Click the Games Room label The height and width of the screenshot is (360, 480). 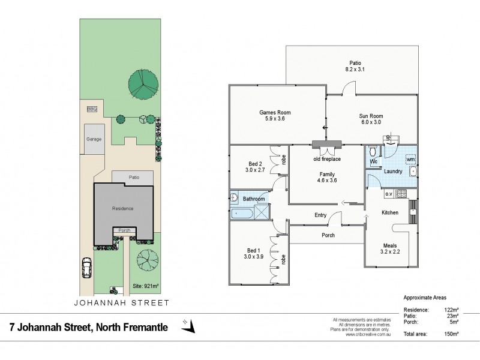275,112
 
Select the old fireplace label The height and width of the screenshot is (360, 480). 326,159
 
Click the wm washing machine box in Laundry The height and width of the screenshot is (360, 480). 410,160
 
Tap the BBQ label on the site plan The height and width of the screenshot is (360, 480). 92,109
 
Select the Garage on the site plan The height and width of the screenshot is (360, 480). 93,139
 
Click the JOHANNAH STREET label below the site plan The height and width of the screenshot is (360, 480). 122,303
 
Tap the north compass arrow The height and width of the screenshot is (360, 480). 191,326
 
